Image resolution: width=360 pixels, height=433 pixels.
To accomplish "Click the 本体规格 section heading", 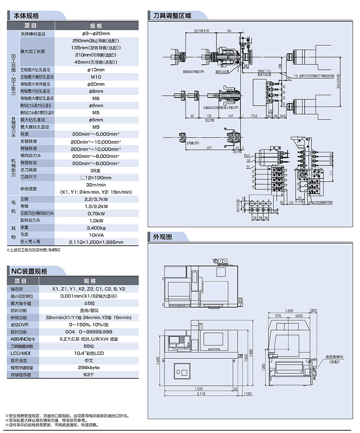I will click(x=27, y=15).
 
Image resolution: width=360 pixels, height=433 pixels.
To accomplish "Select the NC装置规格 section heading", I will click(x=30, y=271).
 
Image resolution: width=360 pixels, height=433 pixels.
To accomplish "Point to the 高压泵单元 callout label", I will click(x=335, y=357).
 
